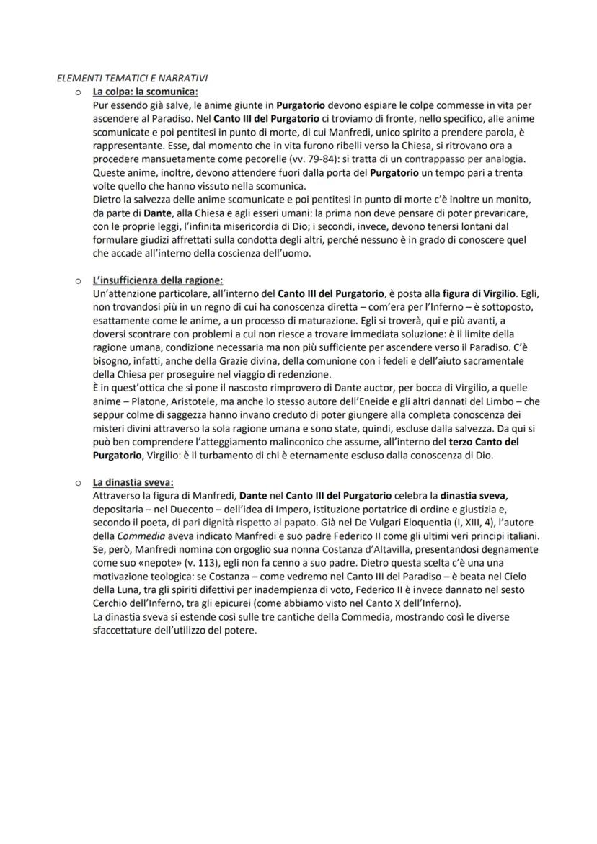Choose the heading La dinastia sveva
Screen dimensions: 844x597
(x=133, y=482)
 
